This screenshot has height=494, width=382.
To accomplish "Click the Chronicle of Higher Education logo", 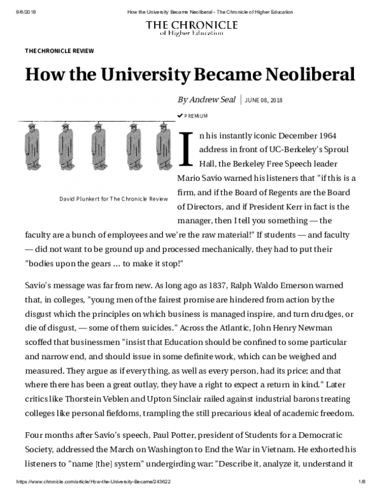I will pyautogui.click(x=191, y=29).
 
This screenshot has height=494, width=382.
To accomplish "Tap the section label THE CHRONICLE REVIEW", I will pyautogui.click(x=59, y=50).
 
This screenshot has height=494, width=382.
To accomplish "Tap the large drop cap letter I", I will pyautogui.click(x=187, y=146).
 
